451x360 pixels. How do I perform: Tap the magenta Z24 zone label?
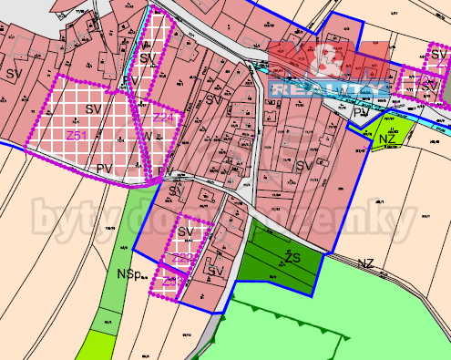click(x=163, y=118)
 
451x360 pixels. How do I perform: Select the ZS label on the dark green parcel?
click(x=292, y=258)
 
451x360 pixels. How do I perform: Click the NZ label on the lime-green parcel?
click(x=387, y=139)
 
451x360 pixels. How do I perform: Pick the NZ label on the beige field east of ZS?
click(x=365, y=263)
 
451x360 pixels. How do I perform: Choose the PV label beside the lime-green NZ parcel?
click(x=362, y=112)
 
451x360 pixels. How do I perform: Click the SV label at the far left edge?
click(x=13, y=72)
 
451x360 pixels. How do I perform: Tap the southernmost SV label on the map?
click(x=215, y=271)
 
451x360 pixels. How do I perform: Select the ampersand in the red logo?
click(x=327, y=62)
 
